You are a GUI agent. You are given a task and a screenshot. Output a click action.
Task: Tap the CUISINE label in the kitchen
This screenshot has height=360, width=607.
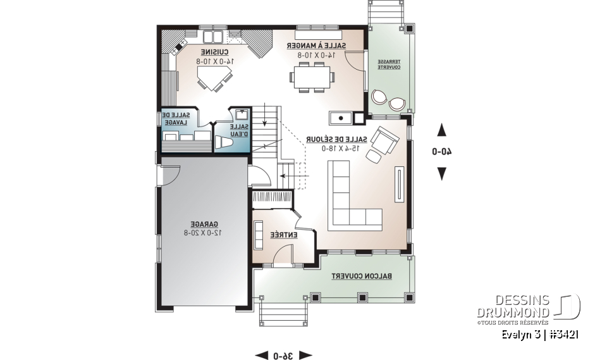(215, 52)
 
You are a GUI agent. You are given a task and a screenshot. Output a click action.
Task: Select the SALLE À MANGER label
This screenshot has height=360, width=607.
(316, 46)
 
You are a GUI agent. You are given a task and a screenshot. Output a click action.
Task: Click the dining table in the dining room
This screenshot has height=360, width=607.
(312, 78)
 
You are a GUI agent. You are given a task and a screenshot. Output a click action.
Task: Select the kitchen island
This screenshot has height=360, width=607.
(214, 81)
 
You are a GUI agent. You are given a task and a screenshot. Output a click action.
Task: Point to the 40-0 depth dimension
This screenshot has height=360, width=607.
(441, 151)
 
